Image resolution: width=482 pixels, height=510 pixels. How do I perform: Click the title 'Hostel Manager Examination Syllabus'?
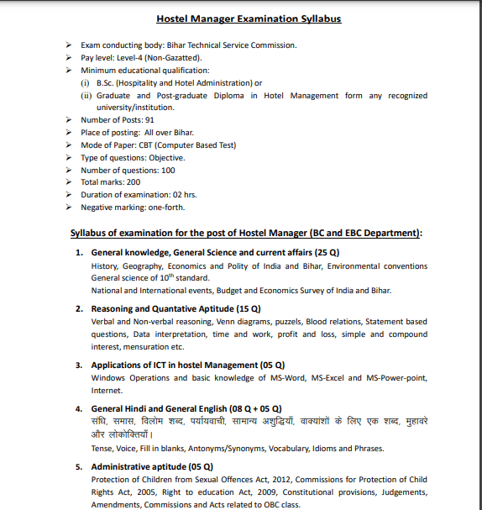tap(249, 18)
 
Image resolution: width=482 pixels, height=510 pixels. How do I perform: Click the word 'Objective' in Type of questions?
tap(167, 157)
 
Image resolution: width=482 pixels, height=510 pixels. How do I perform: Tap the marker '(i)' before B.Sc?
tap(85, 83)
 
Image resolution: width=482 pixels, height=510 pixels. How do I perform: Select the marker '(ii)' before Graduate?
tap(86, 96)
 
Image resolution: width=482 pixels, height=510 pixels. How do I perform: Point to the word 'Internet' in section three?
tap(107, 391)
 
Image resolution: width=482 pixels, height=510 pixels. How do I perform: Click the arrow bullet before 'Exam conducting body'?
tap(69, 45)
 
